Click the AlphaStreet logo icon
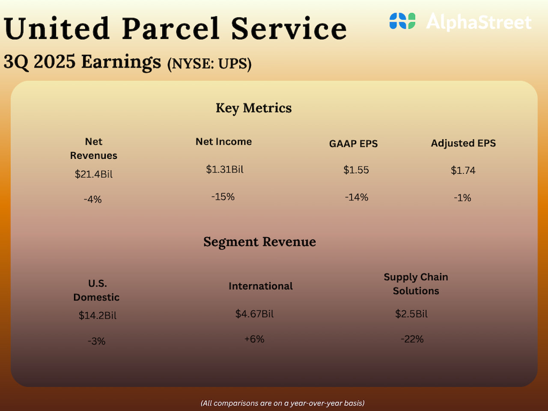coord(402,21)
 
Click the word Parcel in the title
coord(170,29)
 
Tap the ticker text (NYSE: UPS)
coord(209,64)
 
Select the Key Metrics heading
coord(253,108)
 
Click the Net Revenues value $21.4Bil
coord(94,174)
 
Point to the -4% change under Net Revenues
coord(92,200)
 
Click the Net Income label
coord(223,142)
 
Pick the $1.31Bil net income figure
coord(225,170)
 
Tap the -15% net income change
coord(223,197)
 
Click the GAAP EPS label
coord(353,144)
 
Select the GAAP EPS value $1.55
coord(356,170)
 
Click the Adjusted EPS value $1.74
coord(463,170)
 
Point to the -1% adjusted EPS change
coord(462,198)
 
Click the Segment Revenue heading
coord(259,242)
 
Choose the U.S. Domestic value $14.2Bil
coord(98,316)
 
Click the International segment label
coord(260,286)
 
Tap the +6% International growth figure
coord(254,339)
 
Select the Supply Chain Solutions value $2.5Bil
coord(411,314)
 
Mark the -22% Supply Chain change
coord(412,339)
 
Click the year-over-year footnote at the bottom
coord(283,403)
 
